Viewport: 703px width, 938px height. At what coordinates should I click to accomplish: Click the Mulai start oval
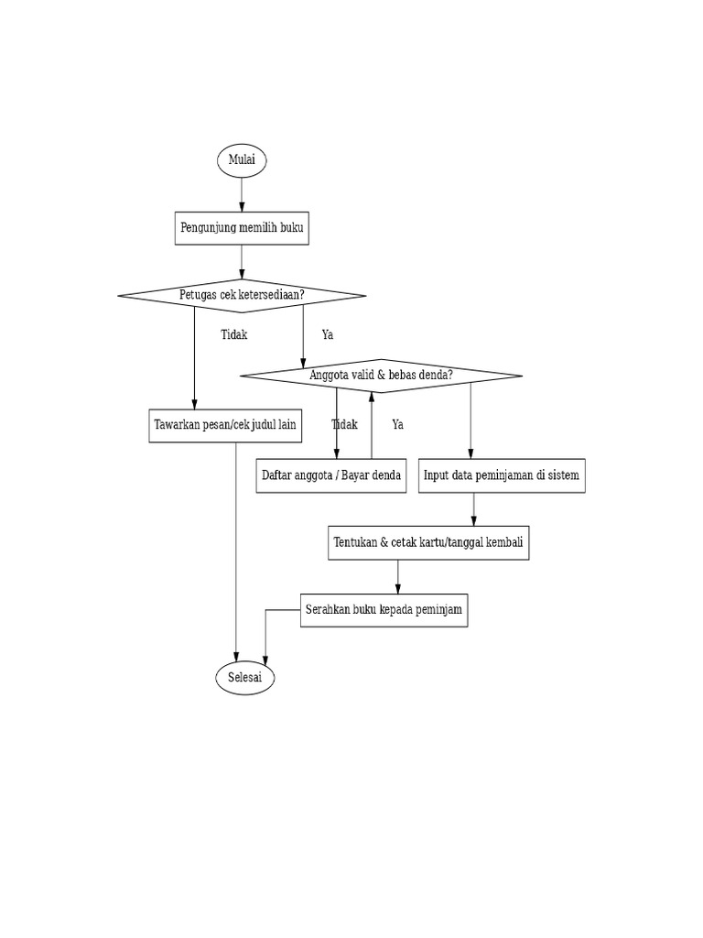point(242,161)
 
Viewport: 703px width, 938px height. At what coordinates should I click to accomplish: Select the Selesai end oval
point(244,678)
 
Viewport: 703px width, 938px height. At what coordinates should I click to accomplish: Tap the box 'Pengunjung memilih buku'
point(242,228)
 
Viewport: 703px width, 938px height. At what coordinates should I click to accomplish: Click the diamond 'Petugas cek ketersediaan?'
point(242,295)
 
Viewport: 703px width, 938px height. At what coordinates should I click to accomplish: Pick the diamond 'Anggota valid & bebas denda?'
point(381,376)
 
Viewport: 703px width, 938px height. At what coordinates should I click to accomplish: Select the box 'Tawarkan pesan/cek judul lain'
point(226,425)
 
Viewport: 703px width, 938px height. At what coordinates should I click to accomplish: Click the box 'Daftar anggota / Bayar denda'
point(331,476)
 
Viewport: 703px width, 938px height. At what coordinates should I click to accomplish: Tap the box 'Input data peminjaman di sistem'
point(502,476)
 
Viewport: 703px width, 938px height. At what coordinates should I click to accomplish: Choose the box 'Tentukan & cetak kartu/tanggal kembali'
point(428,543)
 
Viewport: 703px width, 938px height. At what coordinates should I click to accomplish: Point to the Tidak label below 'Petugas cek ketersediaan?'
point(234,335)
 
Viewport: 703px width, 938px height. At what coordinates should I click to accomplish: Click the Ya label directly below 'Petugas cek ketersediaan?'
point(328,335)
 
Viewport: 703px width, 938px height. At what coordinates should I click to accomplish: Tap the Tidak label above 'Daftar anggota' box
point(344,425)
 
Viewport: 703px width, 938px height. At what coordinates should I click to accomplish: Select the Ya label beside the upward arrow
point(397,425)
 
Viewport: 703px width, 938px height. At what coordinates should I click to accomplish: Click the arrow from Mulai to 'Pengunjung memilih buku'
point(242,194)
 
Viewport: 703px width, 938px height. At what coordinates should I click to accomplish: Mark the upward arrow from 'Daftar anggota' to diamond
point(372,426)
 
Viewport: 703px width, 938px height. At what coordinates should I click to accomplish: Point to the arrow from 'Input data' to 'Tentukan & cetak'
point(474,509)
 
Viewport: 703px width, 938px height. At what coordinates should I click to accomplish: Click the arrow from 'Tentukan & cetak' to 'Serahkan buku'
point(398,576)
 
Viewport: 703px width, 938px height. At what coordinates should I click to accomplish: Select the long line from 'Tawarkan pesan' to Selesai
point(236,550)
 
